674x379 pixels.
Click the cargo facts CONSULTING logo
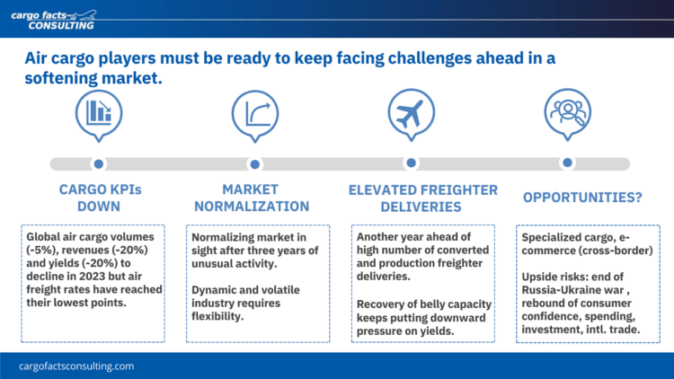[x=54, y=20]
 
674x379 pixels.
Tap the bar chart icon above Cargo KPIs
[x=99, y=112]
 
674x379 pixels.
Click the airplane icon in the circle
[x=411, y=113]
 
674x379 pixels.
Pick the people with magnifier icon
[x=568, y=111]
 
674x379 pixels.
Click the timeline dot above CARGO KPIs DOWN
[x=99, y=163]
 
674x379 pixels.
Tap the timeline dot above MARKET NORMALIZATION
[x=255, y=164]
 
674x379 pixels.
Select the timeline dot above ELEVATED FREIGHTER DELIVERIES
[x=411, y=163]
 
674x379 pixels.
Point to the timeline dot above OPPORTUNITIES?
[x=567, y=163]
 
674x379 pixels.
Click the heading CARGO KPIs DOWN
[x=100, y=198]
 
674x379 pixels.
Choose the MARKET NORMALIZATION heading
[x=252, y=198]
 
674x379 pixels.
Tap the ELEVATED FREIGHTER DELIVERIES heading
[x=422, y=198]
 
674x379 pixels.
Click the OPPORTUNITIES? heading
[x=582, y=198]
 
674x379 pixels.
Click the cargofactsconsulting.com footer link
[x=76, y=366]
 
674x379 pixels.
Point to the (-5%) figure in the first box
[x=40, y=250]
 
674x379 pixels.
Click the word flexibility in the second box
[x=217, y=317]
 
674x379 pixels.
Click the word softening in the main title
[x=60, y=78]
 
